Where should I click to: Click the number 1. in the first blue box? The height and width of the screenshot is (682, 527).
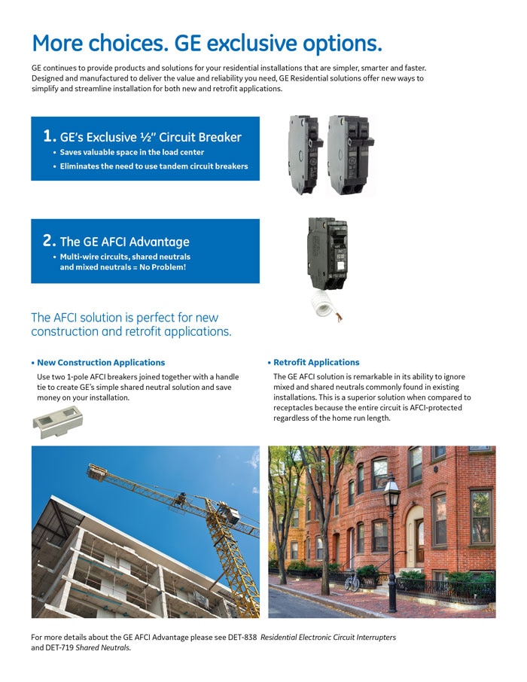[50, 136]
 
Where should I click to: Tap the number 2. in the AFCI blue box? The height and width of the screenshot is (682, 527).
[50, 241]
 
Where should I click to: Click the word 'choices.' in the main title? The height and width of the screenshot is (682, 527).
[129, 44]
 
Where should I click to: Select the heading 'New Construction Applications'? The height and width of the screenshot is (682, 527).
[101, 362]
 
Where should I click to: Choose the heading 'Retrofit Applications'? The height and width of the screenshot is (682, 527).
[316, 362]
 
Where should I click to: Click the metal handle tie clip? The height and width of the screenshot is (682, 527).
[57, 422]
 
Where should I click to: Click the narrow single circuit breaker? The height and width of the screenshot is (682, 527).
[305, 154]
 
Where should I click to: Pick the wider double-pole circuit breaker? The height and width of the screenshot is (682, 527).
[351, 154]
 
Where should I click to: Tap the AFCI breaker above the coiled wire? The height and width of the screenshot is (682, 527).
[327, 254]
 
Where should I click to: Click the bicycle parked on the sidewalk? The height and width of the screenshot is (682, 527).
[352, 580]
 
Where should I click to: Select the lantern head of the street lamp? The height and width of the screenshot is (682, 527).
[391, 492]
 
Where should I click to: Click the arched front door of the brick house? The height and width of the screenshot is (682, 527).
[419, 540]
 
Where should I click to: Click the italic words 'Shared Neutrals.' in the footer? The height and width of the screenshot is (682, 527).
[103, 647]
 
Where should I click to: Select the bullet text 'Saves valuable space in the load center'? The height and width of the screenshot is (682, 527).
[132, 152]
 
